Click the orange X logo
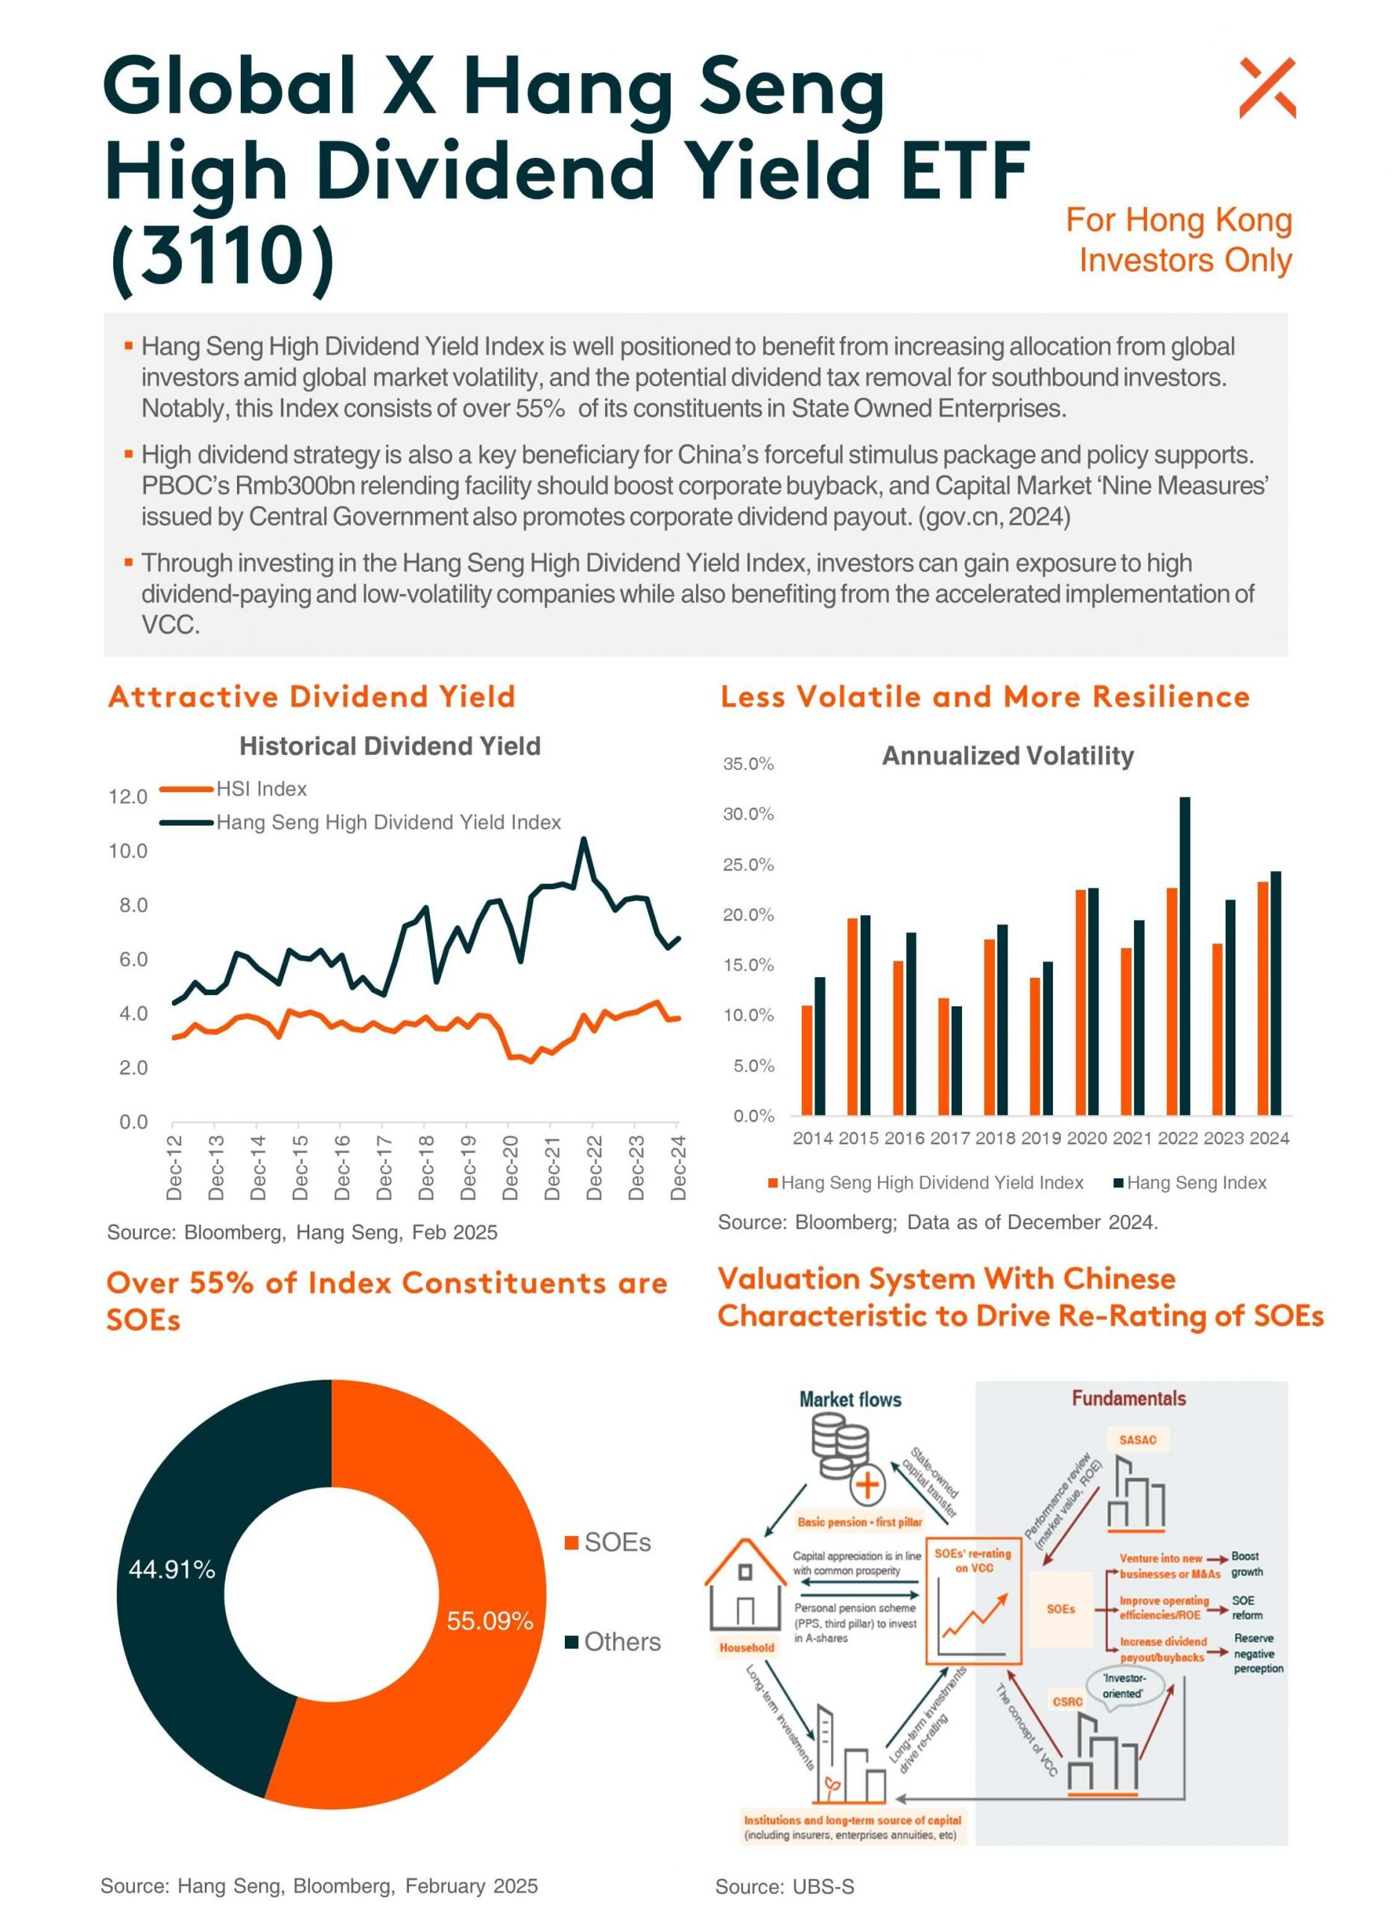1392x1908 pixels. click(1268, 88)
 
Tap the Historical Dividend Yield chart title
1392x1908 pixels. click(390, 746)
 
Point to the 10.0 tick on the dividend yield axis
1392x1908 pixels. click(128, 851)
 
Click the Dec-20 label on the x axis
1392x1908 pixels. click(510, 1167)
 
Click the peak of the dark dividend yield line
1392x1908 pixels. click(583, 839)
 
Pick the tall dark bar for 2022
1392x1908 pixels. click(1185, 955)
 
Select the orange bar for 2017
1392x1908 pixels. click(943, 1057)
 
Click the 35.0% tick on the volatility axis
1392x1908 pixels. click(748, 765)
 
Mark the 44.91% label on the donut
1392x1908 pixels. click(172, 1569)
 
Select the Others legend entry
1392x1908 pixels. click(613, 1642)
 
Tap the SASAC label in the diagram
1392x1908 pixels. click(1138, 1439)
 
